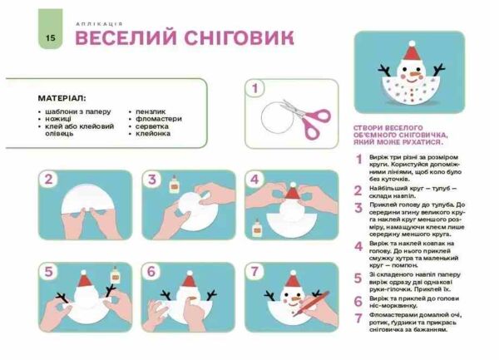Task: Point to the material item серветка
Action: coord(153,126)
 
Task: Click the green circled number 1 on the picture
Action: coord(255,88)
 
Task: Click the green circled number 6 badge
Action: coord(152,272)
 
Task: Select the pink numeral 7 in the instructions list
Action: coord(359,318)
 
